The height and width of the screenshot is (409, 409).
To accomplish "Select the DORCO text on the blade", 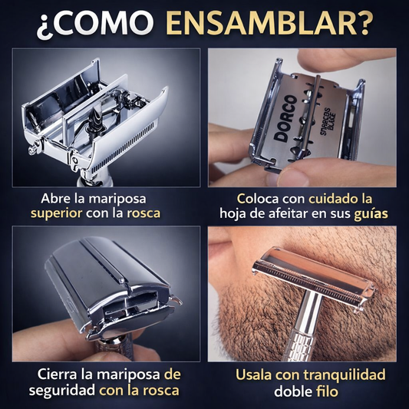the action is pos(285,118).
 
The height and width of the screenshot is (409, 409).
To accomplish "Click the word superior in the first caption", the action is pos(56,214).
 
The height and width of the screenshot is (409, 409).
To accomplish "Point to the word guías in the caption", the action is pos(371,214).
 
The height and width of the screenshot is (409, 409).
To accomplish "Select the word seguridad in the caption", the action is pos(62,391).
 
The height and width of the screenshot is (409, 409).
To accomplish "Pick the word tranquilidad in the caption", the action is pos(345,375).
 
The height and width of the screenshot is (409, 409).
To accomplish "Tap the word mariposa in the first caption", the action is pos(117,200).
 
